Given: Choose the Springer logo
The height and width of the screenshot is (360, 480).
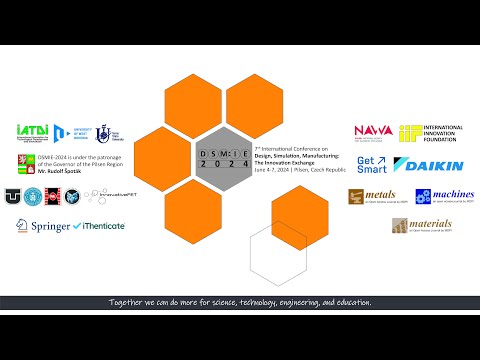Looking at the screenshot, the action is (x=44, y=227).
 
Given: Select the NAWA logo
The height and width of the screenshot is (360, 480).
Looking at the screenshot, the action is (x=373, y=131).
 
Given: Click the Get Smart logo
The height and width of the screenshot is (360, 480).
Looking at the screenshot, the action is (x=371, y=164).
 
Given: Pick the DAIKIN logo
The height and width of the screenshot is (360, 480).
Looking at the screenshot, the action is (x=428, y=165).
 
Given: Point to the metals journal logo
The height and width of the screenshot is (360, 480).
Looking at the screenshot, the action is (x=372, y=196).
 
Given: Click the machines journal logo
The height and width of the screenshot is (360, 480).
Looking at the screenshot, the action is (x=444, y=196).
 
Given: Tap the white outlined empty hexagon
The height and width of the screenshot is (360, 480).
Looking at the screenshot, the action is (x=278, y=246).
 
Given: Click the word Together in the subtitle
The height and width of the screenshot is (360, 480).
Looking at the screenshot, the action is (x=124, y=302).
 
